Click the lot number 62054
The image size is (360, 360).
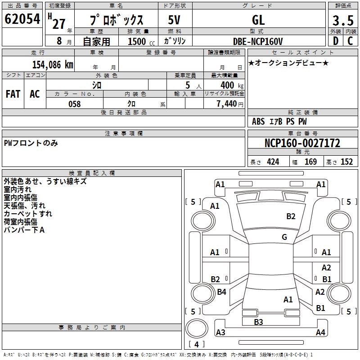tap(22, 20)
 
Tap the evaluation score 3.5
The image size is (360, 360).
tap(342, 21)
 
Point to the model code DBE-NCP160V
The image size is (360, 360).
tap(258, 41)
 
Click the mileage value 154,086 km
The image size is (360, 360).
tap(53, 64)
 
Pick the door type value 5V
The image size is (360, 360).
tap(175, 20)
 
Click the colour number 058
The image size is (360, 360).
tap(74, 104)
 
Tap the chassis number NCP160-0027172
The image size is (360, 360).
tap(302, 143)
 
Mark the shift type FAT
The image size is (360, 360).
tap(13, 94)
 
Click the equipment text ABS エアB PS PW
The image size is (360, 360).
tap(279, 121)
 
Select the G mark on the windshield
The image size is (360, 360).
tap(284, 237)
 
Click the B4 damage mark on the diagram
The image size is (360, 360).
tap(221, 292)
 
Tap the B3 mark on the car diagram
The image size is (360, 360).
tap(258, 322)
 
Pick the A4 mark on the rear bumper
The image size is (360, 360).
tap(320, 333)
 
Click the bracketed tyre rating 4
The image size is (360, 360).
tap(196, 345)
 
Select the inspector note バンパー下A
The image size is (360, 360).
tap(24, 230)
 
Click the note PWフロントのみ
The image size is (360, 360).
tap(31, 143)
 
